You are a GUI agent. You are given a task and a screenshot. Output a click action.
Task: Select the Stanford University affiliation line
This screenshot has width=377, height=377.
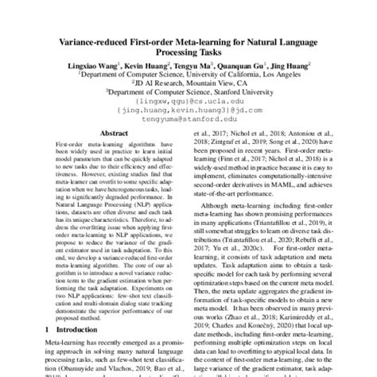188,114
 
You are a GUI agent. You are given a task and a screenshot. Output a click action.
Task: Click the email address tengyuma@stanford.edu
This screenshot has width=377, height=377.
188,141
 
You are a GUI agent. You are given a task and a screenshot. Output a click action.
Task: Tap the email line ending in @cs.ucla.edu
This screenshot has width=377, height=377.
188,123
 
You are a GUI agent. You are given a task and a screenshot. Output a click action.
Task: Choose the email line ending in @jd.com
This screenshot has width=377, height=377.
188,132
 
